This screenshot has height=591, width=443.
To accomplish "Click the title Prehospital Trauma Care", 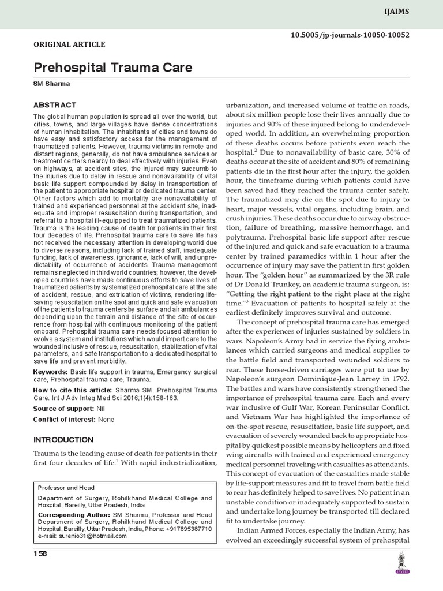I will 113,68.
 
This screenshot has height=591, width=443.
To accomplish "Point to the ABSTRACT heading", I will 55,105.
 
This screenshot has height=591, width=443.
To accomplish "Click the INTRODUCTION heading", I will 63,440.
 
